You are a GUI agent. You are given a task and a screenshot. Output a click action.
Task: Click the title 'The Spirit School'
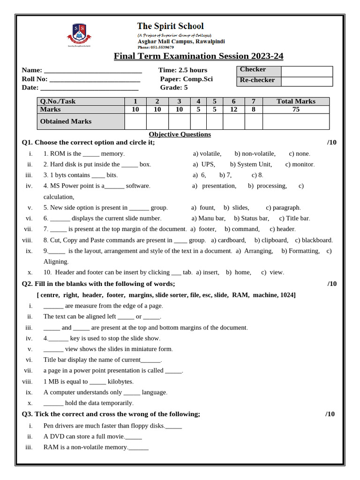(x=170, y=26)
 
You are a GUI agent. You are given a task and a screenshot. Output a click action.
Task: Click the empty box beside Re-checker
(x=307, y=82)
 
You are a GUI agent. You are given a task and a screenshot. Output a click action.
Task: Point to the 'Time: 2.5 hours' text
(x=182, y=70)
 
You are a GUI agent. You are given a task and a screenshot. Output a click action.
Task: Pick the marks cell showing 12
(x=233, y=109)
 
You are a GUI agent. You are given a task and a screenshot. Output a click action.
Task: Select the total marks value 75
(x=296, y=109)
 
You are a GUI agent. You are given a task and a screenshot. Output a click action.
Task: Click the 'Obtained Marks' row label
(x=66, y=121)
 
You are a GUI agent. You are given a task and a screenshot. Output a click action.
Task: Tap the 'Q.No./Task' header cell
(x=58, y=101)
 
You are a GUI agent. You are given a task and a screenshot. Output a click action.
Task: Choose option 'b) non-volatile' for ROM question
(x=255, y=154)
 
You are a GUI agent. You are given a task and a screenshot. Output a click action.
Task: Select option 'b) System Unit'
(x=250, y=165)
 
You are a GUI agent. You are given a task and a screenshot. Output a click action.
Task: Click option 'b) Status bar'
(x=251, y=218)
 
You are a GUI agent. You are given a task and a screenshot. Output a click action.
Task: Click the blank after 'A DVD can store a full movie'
(x=134, y=436)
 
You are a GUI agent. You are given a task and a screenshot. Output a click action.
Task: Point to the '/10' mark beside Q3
(x=330, y=414)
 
